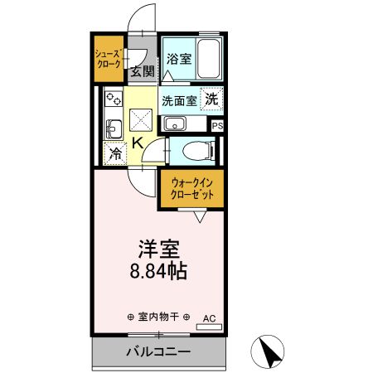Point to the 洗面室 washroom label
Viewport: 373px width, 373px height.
pos(179,101)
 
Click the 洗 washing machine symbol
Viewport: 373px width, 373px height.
pos(213,98)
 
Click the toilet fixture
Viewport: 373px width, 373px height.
pos(196,151)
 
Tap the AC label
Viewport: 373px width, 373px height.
pos(209,317)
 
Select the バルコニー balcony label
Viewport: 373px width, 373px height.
pos(157,351)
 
